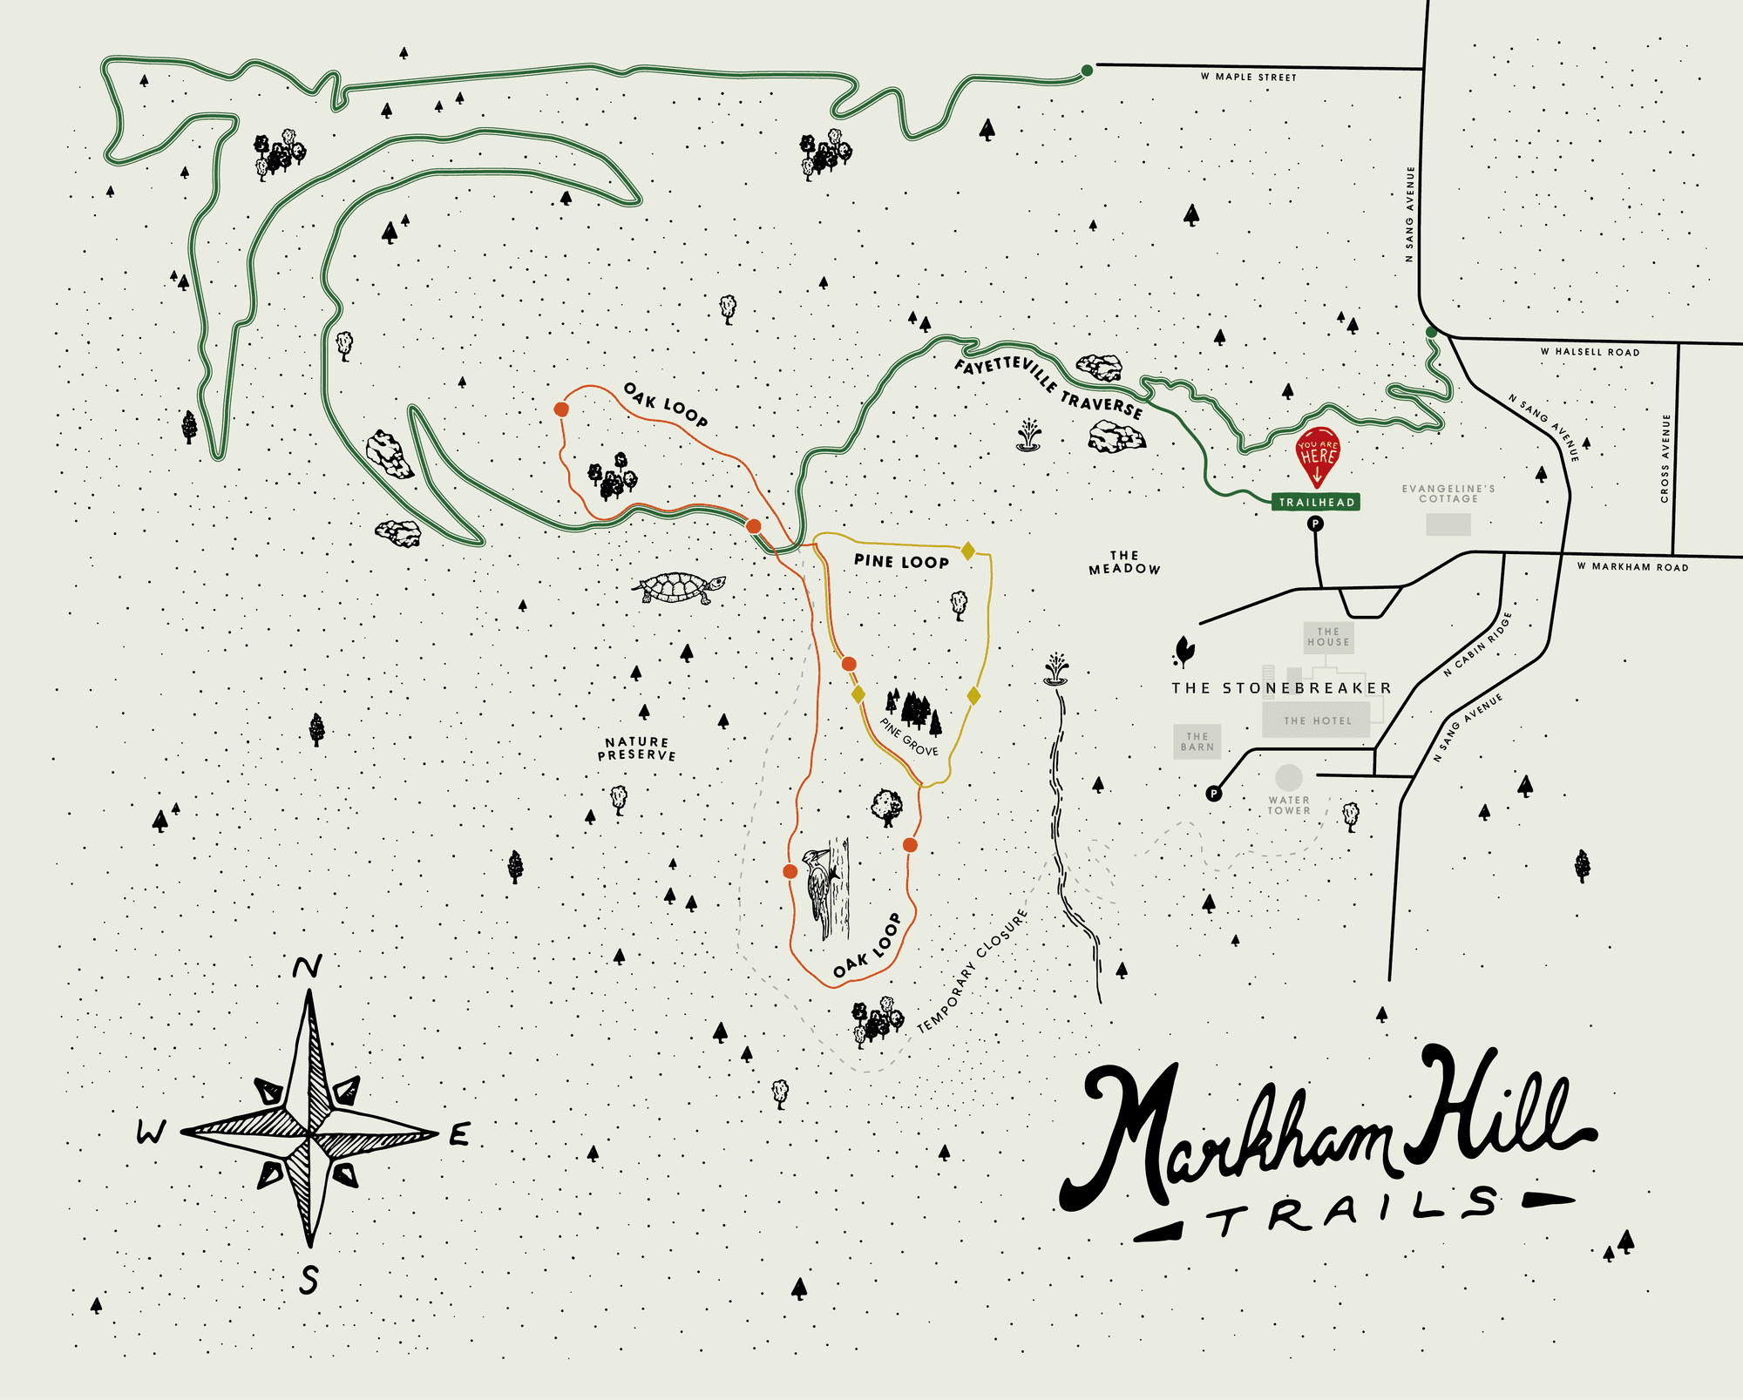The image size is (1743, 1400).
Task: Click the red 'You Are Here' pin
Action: tap(1317, 454)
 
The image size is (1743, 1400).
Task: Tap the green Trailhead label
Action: tap(1316, 502)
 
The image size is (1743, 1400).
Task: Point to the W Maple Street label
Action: tap(1248, 78)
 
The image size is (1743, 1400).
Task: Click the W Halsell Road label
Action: tap(1590, 352)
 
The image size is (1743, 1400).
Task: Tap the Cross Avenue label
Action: tap(1665, 458)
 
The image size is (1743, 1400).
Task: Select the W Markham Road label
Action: tap(1632, 567)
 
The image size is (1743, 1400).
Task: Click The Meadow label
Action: tap(1124, 562)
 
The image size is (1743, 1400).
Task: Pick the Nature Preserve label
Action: tap(637, 749)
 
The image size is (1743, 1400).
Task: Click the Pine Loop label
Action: tap(901, 561)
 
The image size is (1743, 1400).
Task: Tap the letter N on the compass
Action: tap(307, 966)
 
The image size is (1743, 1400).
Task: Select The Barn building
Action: tap(1197, 741)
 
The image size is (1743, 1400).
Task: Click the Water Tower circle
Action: tap(1289, 777)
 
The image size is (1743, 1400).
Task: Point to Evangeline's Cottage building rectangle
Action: tap(1448, 524)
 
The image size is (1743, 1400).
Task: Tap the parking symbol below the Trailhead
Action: tap(1315, 524)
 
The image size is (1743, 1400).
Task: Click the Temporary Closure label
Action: tap(973, 971)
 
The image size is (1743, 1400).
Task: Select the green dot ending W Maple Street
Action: tap(1087, 71)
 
